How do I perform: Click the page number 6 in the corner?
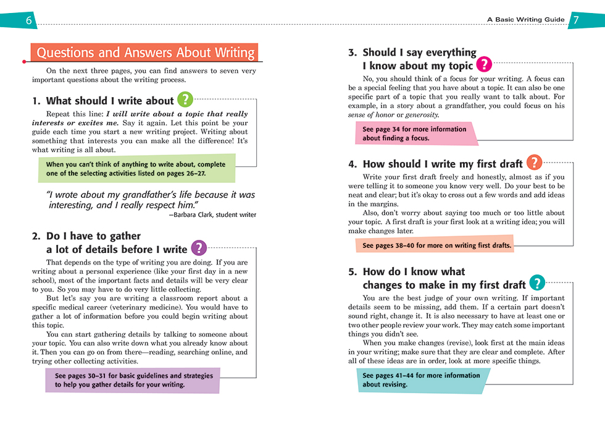29,20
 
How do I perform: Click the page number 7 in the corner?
575,20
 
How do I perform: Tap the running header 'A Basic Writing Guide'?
525,20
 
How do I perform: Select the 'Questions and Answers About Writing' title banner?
145,53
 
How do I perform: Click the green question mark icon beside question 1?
185,100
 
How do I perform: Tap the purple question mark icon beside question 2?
198,248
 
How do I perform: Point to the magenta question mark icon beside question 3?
485,64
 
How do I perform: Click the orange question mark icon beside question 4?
535,163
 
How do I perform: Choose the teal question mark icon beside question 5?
537,283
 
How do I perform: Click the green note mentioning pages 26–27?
136,169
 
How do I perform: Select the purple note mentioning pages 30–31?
133,380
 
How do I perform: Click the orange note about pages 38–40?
436,245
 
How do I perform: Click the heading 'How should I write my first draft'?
442,164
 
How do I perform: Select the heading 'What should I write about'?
110,101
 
